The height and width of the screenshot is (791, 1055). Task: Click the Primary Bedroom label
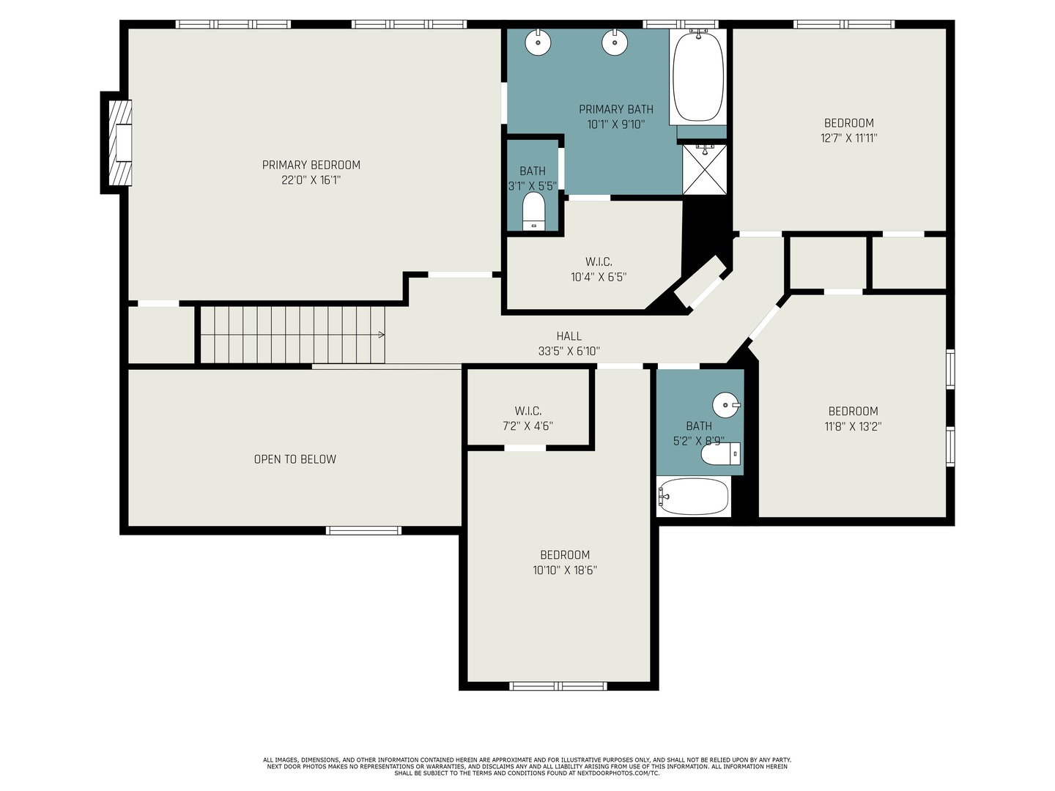(311, 165)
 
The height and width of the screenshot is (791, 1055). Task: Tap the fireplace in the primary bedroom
(120, 143)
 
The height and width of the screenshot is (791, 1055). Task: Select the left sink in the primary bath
(538, 42)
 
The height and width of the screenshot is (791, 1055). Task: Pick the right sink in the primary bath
(615, 42)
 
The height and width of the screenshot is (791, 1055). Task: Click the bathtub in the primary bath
(698, 76)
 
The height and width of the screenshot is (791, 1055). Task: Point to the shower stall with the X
(705, 169)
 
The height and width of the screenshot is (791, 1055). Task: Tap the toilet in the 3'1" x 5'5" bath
(533, 212)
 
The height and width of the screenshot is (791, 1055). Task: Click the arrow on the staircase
(381, 335)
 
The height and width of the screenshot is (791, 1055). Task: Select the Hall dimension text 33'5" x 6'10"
(569, 351)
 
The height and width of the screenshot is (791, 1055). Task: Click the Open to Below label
(295, 459)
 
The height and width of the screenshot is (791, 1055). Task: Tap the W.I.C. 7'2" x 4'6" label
(527, 418)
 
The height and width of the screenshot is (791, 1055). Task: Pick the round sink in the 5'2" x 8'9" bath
(726, 405)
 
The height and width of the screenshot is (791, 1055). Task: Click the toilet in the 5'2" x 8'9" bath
(720, 454)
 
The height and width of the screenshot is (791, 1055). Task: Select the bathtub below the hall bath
(694, 496)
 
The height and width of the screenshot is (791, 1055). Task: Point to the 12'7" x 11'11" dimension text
(849, 138)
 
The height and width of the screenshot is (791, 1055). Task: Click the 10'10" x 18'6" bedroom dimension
(565, 570)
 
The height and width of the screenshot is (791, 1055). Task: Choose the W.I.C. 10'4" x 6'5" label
(599, 270)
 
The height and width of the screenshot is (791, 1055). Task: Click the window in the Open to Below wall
(363, 530)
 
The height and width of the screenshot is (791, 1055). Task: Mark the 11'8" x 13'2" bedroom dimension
(853, 426)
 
